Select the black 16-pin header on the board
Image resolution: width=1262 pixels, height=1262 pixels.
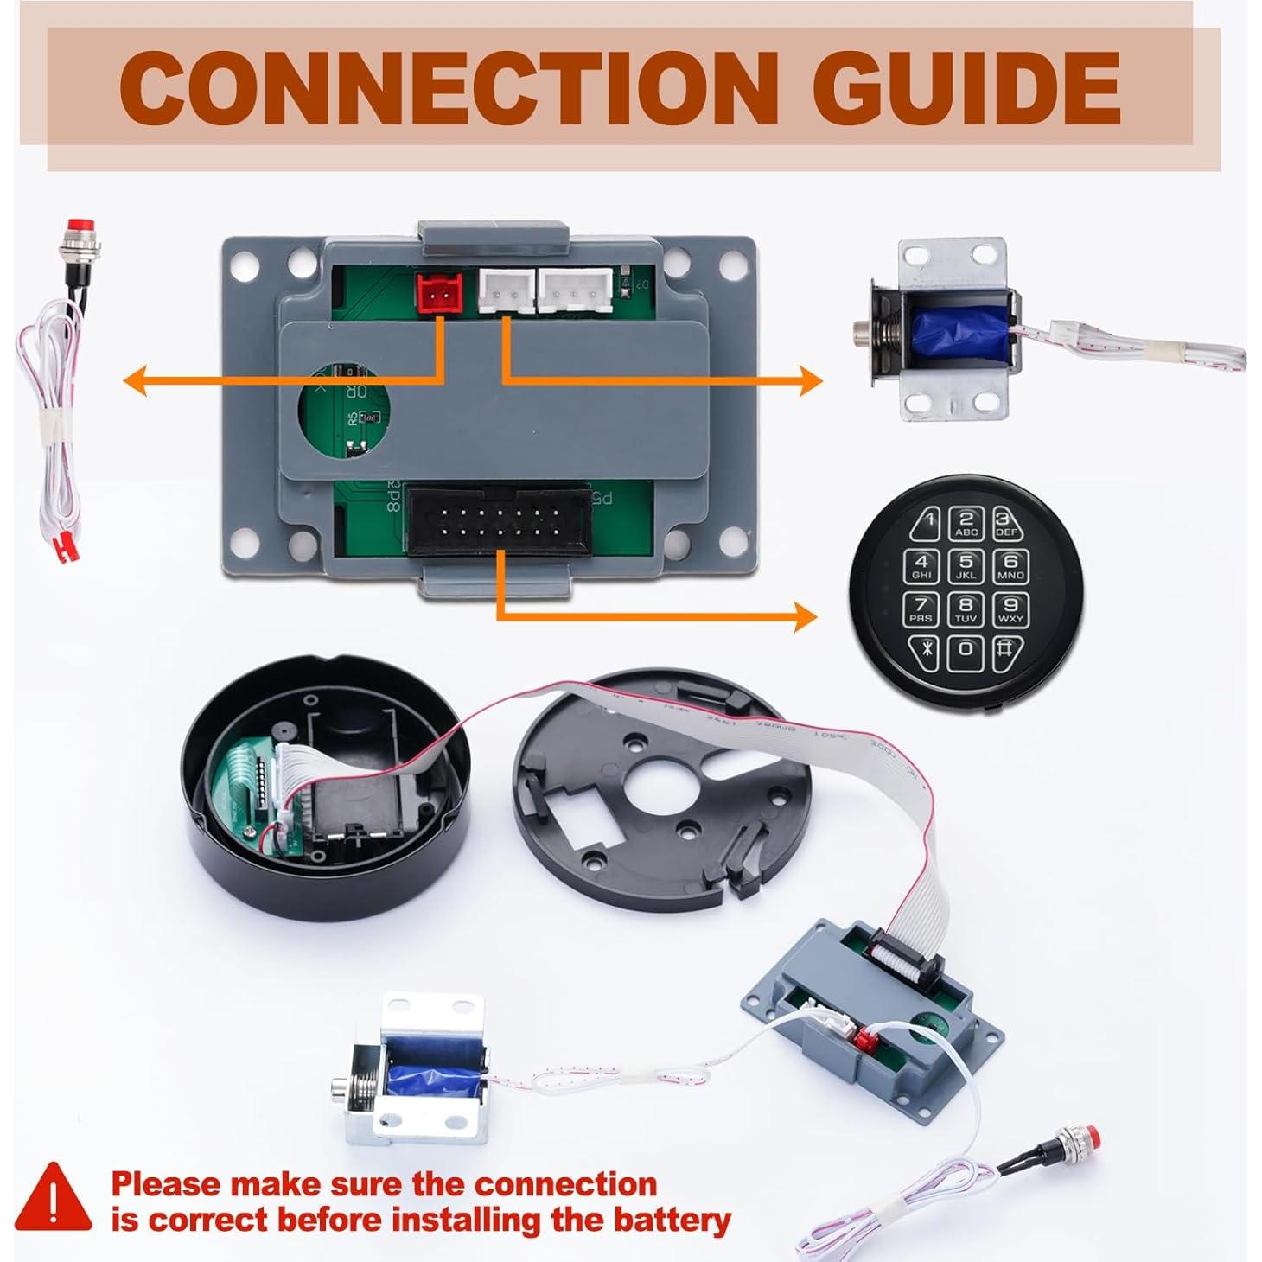[x=496, y=524]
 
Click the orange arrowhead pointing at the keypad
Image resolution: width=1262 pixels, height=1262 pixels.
[x=804, y=617]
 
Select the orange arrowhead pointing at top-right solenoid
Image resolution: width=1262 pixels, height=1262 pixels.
[x=810, y=380]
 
